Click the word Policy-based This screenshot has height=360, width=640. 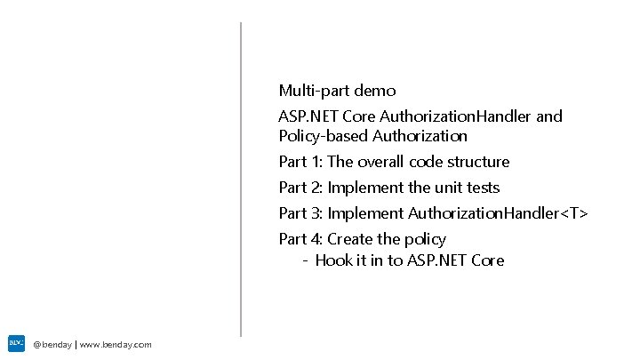(323, 137)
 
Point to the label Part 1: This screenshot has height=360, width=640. (300, 162)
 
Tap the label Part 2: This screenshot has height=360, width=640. (300, 188)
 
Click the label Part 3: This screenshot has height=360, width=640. (300, 213)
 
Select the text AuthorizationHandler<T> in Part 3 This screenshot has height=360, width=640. (498, 213)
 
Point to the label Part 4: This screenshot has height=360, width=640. (300, 239)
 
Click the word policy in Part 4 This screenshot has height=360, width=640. (426, 240)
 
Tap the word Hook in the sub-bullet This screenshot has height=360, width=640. (334, 260)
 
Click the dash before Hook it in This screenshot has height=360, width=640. (305, 261)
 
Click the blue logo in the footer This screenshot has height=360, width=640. (16, 342)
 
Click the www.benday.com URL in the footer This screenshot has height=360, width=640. (116, 345)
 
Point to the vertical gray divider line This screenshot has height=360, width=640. (241, 178)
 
